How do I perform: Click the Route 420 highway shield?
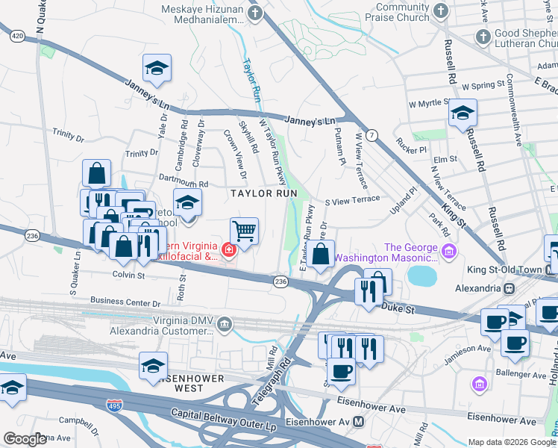(19, 35)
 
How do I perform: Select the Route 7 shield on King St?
(372, 134)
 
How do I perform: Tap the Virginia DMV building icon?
(225, 323)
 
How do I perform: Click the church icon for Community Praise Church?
(441, 10)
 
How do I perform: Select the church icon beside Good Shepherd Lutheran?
(483, 36)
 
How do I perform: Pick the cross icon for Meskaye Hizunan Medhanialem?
(256, 13)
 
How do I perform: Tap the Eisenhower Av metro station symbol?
(359, 422)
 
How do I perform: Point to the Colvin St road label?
(128, 276)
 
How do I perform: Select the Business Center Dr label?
(125, 303)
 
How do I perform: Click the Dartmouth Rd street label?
(183, 183)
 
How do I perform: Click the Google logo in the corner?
(25, 439)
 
